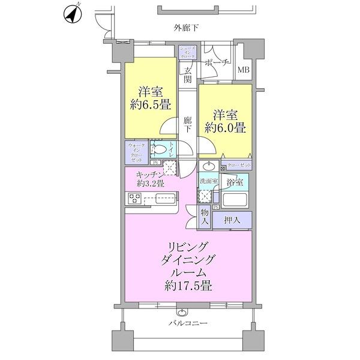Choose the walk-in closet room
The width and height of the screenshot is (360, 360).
click(136, 153)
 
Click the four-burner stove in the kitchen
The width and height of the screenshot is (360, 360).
click(134, 200)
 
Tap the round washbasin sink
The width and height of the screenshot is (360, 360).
click(210, 166)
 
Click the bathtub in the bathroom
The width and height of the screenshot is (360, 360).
click(235, 199)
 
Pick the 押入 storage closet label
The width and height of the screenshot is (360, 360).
click(232, 220)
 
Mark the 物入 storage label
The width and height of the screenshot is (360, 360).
click(205, 217)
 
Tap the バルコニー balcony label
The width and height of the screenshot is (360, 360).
click(187, 323)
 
